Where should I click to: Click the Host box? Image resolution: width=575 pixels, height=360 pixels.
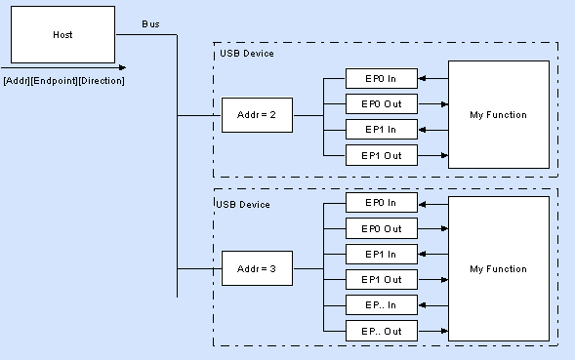tap(62, 34)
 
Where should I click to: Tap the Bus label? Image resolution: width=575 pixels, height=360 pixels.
tap(150, 24)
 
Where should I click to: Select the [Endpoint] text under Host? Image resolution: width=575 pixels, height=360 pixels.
tap(54, 81)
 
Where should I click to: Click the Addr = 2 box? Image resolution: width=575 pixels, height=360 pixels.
tap(257, 115)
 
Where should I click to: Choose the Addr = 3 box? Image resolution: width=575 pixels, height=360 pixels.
tap(257, 268)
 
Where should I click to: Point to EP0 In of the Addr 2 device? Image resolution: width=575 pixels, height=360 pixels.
tap(382, 78)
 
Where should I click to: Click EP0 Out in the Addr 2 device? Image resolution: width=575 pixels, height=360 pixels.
tap(382, 104)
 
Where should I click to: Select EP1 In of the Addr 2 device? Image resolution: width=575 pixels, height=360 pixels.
tap(382, 130)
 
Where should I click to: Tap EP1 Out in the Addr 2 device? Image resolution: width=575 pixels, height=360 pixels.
tap(382, 155)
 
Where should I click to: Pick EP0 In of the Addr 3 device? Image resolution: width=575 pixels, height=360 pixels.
tap(382, 202)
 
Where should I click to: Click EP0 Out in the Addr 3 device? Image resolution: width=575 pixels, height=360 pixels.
tap(382, 228)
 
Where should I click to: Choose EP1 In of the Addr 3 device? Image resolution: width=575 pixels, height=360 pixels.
tap(382, 254)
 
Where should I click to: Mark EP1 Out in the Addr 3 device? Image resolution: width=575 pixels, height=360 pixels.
tap(382, 279)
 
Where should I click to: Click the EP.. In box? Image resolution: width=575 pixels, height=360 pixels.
tap(382, 305)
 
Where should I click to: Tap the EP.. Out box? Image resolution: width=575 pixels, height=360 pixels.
tap(382, 331)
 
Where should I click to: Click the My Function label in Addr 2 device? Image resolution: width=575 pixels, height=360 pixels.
tap(498, 115)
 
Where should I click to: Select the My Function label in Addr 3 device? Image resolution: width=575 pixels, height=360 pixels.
tap(498, 269)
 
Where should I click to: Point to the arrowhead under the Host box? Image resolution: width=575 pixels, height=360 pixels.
tap(122, 67)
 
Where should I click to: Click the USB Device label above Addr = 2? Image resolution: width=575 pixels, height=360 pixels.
tap(247, 54)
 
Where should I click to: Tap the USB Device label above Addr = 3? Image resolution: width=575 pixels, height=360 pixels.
tap(243, 205)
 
